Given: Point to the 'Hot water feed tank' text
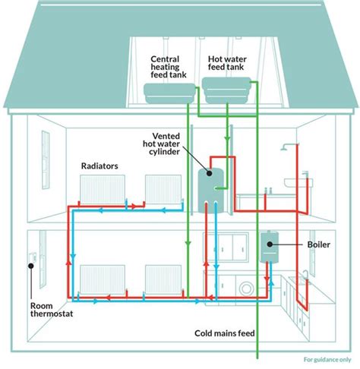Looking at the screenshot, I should click(226, 61).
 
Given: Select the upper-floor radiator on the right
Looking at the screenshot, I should click(161, 188).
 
